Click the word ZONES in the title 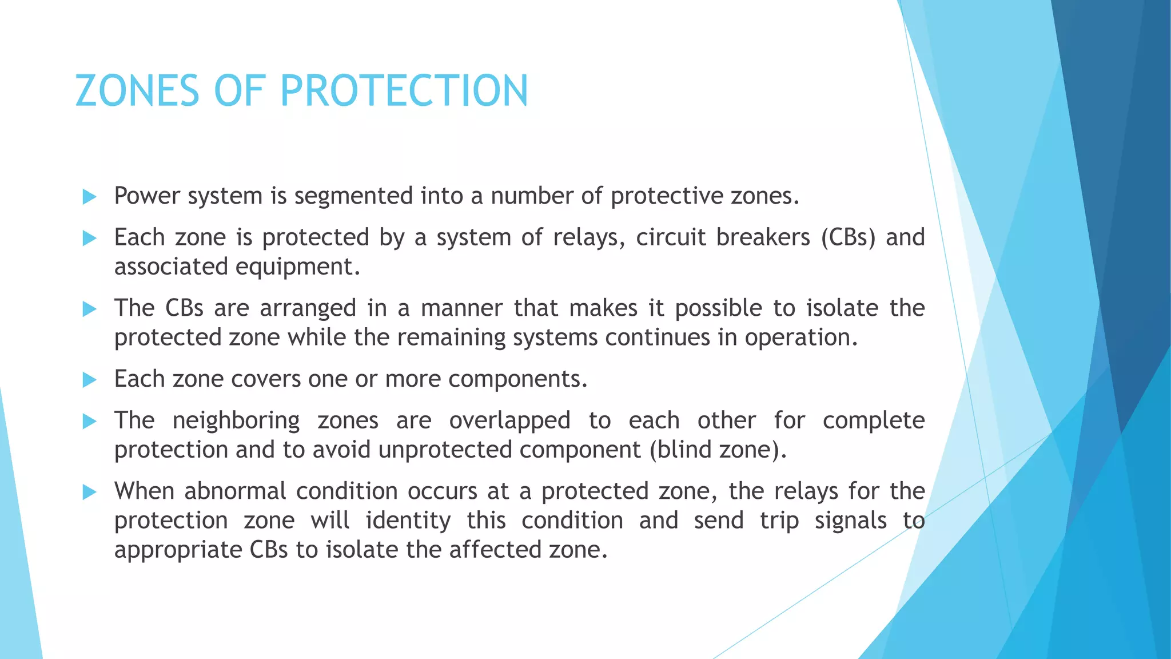tap(138, 91)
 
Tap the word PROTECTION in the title tap(404, 91)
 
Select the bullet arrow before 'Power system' tap(90, 197)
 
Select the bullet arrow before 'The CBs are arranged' tap(90, 309)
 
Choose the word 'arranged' tap(308, 308)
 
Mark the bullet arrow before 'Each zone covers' tap(90, 380)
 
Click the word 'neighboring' tap(236, 421)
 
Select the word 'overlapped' tap(509, 421)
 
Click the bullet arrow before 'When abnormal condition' tap(90, 492)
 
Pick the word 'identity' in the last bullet tap(408, 521)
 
